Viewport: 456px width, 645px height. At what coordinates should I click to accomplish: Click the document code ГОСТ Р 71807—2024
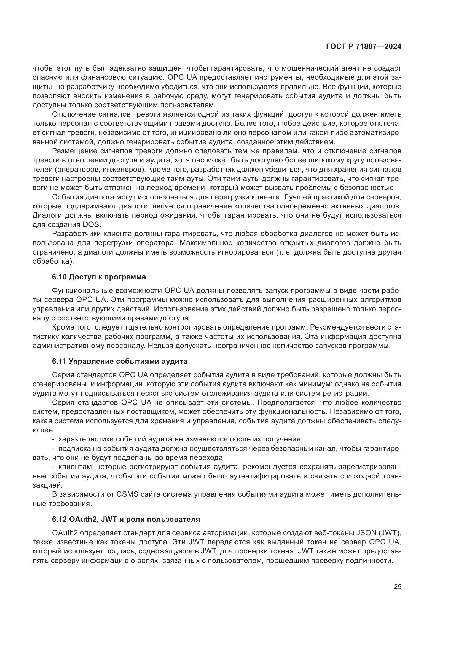[x=363, y=47]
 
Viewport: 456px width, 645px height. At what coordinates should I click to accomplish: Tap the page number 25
[x=397, y=587]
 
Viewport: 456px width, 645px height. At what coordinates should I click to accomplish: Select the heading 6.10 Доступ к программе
[x=99, y=277]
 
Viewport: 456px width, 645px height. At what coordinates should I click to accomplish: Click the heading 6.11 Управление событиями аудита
[x=120, y=361]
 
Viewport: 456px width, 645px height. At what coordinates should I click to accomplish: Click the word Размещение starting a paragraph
[x=74, y=151]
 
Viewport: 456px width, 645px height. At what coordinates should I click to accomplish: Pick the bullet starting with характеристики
[x=180, y=439]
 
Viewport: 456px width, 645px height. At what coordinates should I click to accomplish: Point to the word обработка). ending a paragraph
[x=53, y=261]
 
